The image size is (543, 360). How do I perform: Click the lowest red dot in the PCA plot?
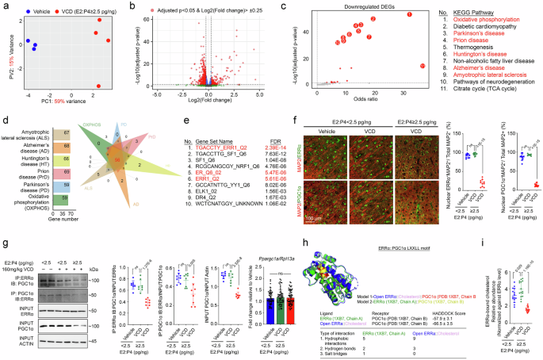point(98,86)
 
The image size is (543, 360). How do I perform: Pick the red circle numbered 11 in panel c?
point(423,66)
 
